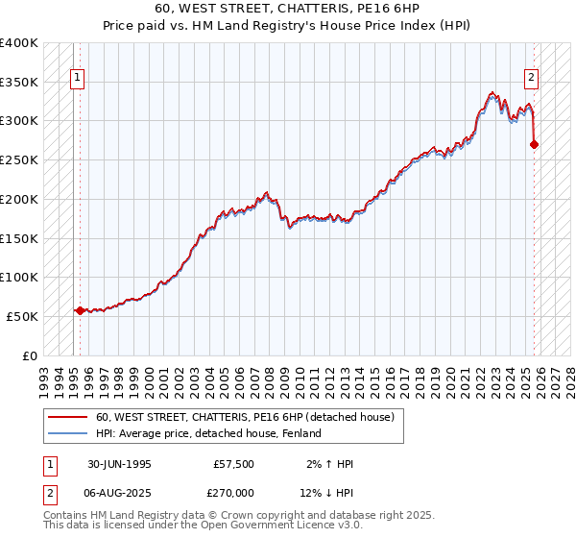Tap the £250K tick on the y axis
coord(19,159)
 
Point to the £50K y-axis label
coord(22,316)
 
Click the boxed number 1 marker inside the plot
coord(77,80)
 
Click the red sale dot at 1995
coord(80,310)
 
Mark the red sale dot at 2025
coord(534,144)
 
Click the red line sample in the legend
coord(68,418)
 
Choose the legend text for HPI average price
coord(208,434)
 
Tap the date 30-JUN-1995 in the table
coord(119,464)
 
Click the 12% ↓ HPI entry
coord(332,491)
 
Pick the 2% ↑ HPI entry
coord(332,464)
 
